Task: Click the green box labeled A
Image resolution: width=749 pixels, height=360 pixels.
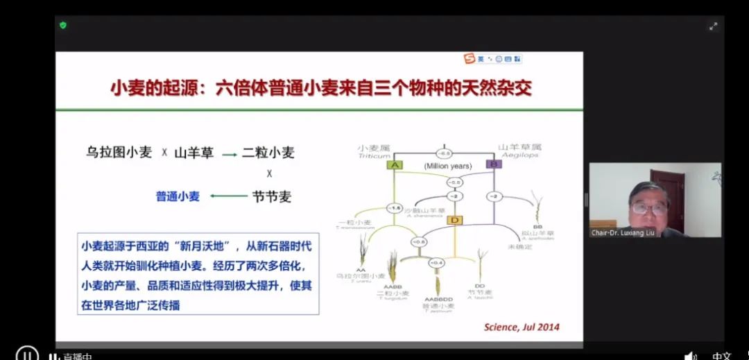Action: pos(395,165)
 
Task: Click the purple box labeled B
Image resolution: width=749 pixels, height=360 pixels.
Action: pos(493,164)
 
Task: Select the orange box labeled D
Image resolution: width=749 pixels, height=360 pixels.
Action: pos(455,220)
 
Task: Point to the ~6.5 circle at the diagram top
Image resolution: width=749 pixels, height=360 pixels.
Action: pos(444,153)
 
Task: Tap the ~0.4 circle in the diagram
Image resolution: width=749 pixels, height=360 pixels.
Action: pos(436,263)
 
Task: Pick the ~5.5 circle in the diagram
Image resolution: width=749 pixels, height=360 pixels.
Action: pos(454,182)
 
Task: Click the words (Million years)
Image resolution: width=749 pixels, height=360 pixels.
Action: pos(448,166)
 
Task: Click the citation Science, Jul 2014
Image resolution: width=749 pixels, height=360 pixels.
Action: pos(521,327)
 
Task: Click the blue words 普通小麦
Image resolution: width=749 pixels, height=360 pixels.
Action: pos(178,196)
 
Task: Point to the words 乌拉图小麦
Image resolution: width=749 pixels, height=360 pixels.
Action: pos(119,153)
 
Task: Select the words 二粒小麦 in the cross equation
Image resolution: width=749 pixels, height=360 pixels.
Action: pos(268,153)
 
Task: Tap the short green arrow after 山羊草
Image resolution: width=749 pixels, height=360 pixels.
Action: pos(230,154)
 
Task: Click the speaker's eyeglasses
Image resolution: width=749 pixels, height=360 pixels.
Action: pos(650,207)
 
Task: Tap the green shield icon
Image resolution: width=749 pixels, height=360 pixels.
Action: pos(63,25)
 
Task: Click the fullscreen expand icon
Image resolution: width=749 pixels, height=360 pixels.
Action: pos(713,26)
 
